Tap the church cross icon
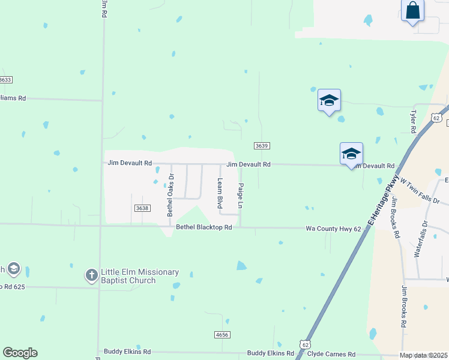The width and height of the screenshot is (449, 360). pyautogui.click(x=91, y=275)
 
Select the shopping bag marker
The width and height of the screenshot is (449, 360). pyautogui.click(x=412, y=11)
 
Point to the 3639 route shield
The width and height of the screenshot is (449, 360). pyautogui.click(x=261, y=146)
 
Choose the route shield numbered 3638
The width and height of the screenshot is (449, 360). pyautogui.click(x=142, y=208)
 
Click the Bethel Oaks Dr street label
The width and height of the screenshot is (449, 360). pyautogui.click(x=170, y=195)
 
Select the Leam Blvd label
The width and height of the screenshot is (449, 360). pyautogui.click(x=220, y=194)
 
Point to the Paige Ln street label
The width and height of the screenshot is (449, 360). pyautogui.click(x=241, y=196)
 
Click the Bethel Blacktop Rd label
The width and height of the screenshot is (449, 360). pyautogui.click(x=204, y=227)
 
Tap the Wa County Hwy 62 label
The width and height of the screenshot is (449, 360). pyautogui.click(x=333, y=229)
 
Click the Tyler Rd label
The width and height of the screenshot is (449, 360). pyautogui.click(x=413, y=121)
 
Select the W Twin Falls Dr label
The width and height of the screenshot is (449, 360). pyautogui.click(x=420, y=191)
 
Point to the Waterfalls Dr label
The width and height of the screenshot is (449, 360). pyautogui.click(x=421, y=239)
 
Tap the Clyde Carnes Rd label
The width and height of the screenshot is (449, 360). pyautogui.click(x=331, y=355)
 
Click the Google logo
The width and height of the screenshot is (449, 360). pyautogui.click(x=20, y=353)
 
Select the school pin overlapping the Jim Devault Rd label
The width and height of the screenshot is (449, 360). pyautogui.click(x=351, y=154)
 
